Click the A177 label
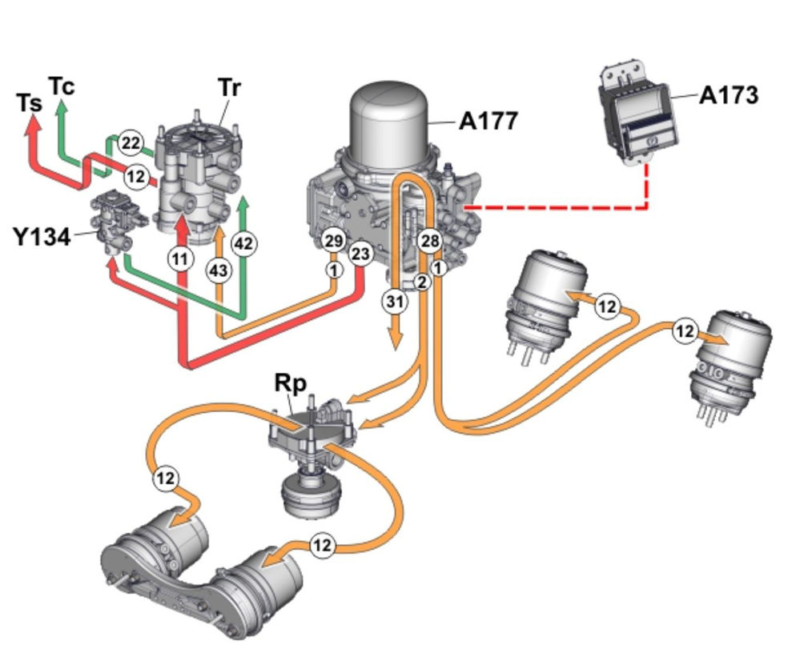[488, 121]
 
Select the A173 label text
[728, 95]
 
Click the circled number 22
[131, 142]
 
